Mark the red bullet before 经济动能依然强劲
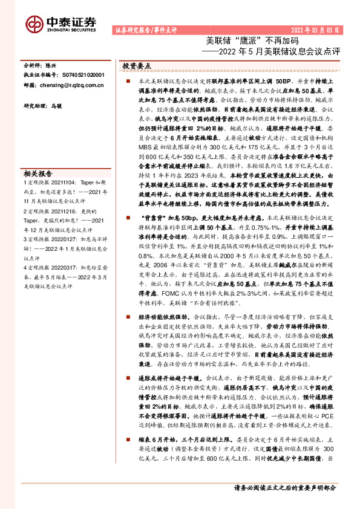tap(128, 317)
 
